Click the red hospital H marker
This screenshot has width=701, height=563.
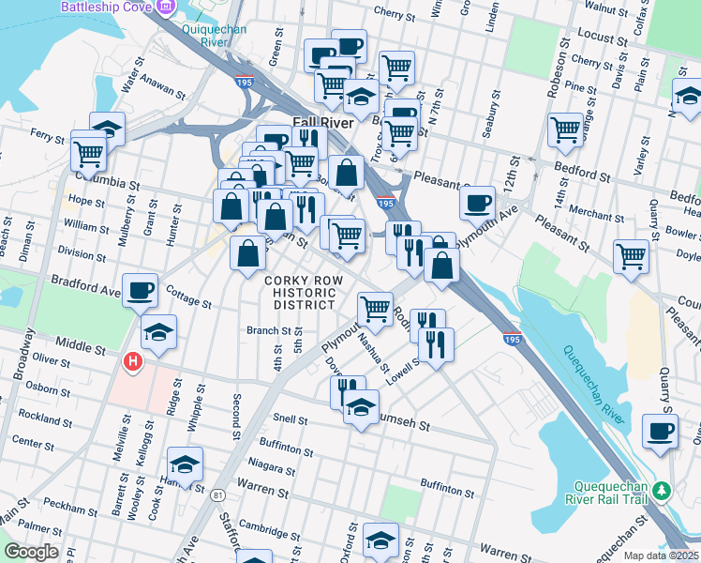(x=134, y=360)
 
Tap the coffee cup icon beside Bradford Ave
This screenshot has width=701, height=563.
(x=140, y=291)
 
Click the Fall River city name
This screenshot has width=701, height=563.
(x=322, y=123)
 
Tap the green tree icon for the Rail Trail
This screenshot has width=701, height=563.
(x=663, y=491)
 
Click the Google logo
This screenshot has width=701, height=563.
(x=33, y=552)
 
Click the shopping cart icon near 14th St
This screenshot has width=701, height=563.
(x=566, y=129)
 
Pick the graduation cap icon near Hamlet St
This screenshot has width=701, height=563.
(x=185, y=464)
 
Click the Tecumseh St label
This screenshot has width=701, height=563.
(x=406, y=425)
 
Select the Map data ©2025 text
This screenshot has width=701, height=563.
(x=660, y=555)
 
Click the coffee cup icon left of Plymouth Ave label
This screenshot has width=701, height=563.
(x=477, y=201)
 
